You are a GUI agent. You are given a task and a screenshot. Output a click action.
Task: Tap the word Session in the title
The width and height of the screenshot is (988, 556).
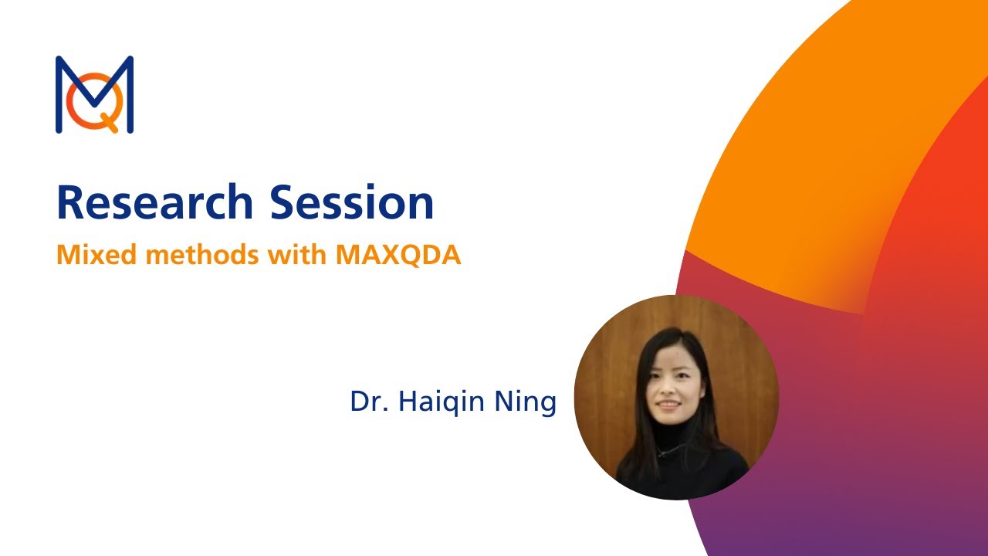351,202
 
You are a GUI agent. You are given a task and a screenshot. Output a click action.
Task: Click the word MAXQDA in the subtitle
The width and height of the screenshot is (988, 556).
398,256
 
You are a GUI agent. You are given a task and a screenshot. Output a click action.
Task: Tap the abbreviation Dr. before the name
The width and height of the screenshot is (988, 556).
369,402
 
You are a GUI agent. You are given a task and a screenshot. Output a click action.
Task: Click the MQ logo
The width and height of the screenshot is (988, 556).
94,94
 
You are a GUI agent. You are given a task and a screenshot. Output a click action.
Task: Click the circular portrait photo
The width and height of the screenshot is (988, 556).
676,397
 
